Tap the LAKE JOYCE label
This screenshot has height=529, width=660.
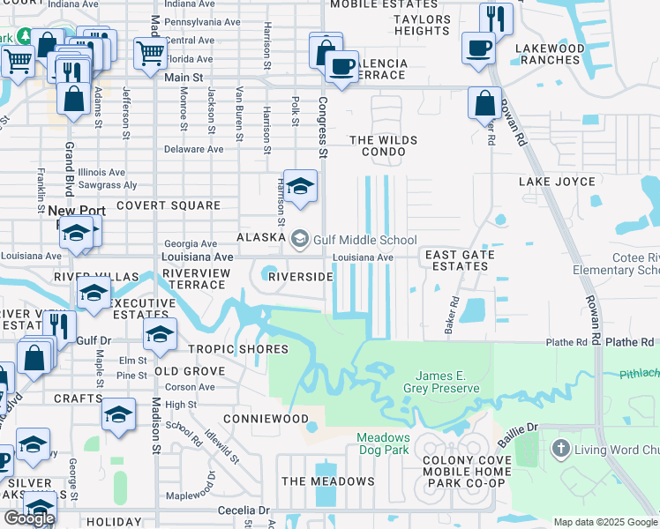(x=557, y=182)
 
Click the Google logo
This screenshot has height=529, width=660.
(x=29, y=518)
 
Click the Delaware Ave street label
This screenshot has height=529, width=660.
(x=195, y=149)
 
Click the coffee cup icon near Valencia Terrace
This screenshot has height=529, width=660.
(x=341, y=64)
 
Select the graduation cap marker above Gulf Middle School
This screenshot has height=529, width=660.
(x=300, y=185)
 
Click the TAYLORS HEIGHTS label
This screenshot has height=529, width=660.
(x=422, y=25)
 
